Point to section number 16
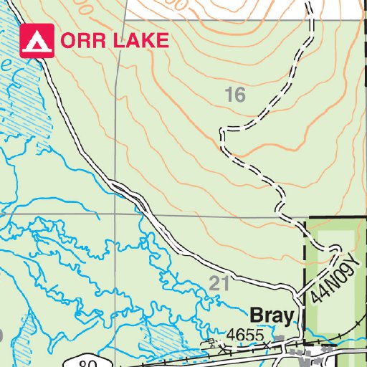234,95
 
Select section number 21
219,282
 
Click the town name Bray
272,316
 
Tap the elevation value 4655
246,335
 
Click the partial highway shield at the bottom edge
86,361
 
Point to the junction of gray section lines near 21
115,214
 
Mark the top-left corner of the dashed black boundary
306,219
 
